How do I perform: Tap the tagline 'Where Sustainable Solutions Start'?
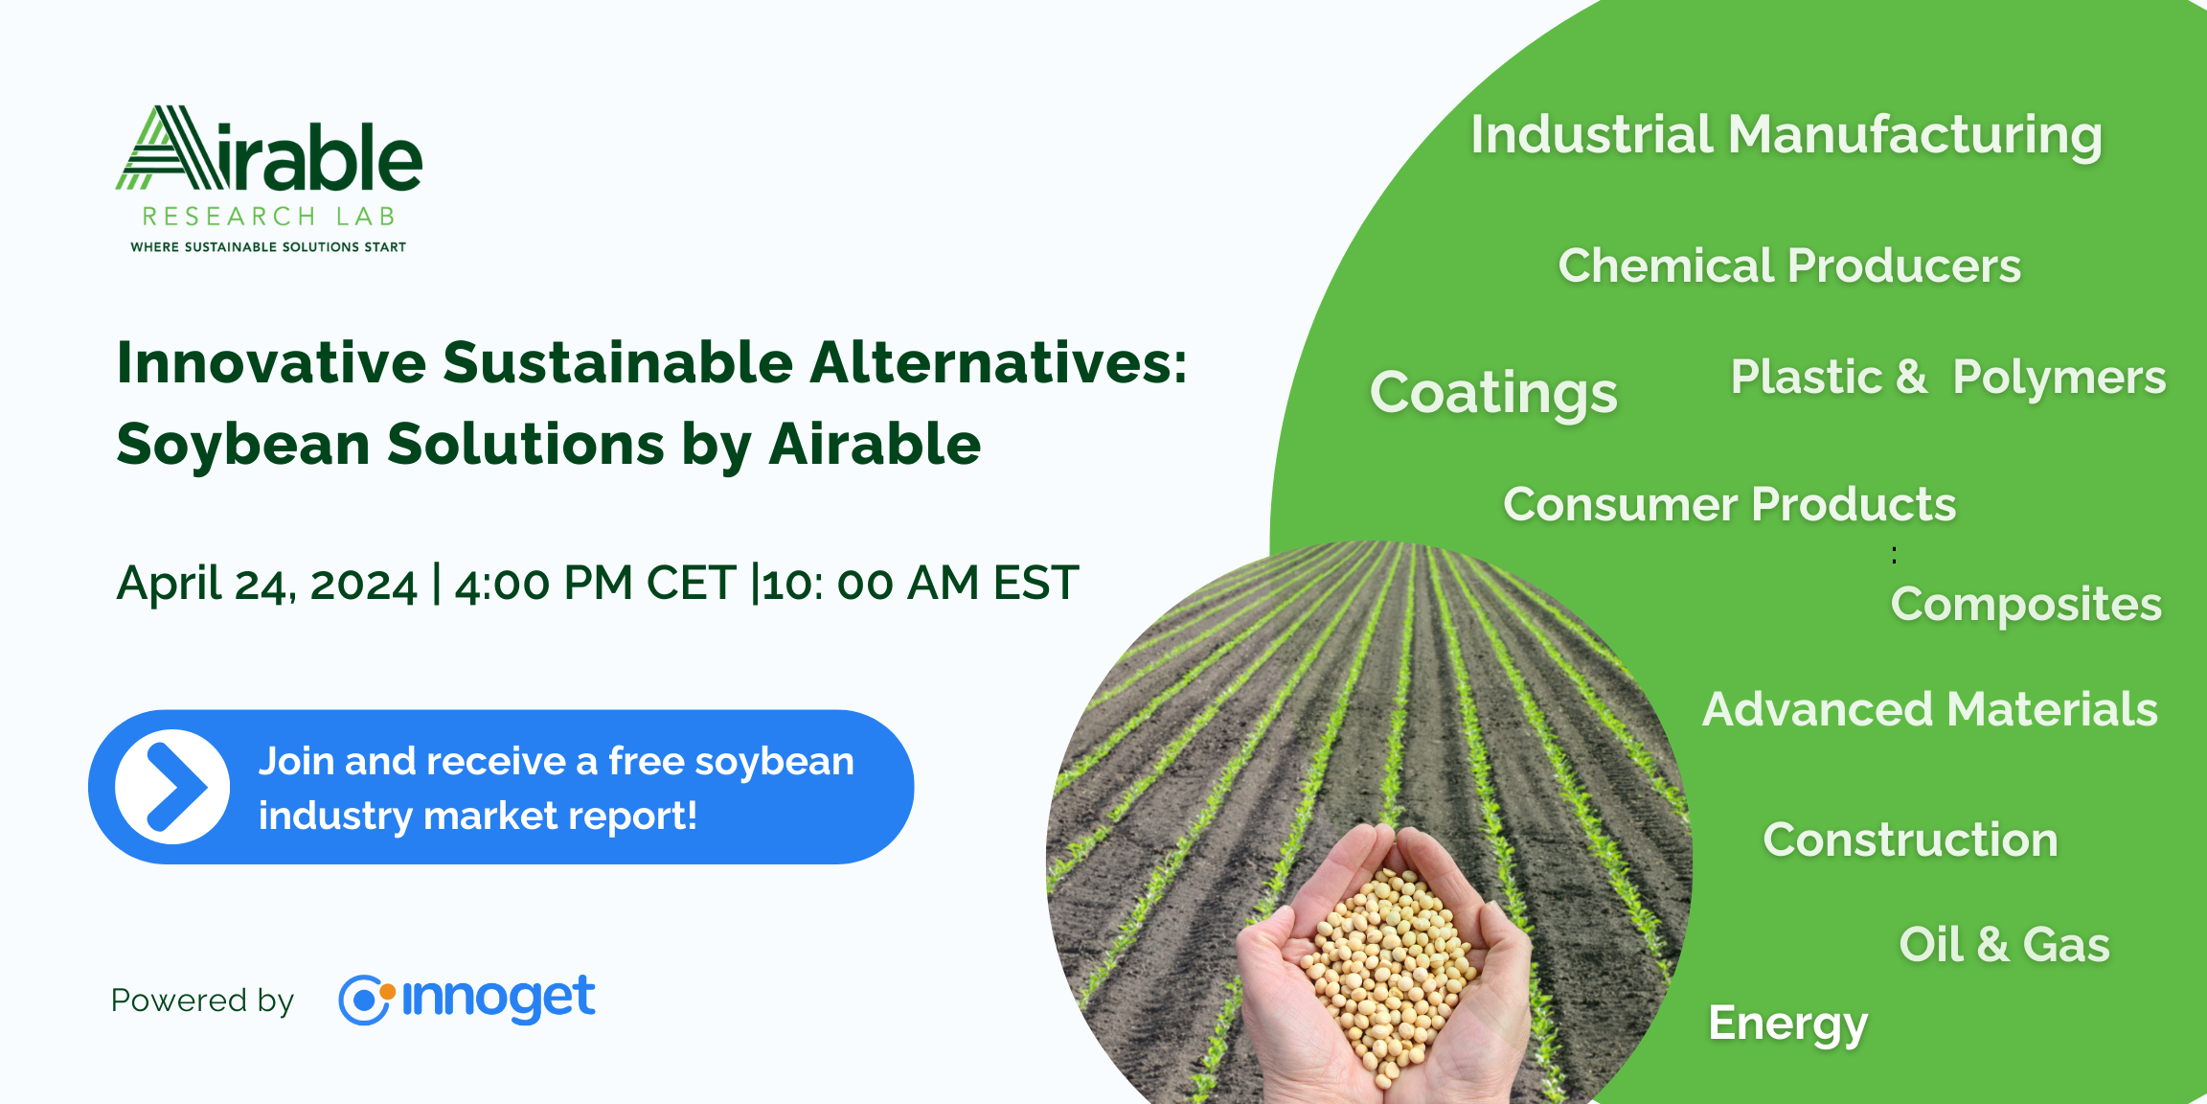(268, 247)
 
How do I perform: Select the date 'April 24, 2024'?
(266, 584)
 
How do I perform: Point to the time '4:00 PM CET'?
(595, 583)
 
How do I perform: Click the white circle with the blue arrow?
(172, 787)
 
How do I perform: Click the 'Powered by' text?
(202, 1001)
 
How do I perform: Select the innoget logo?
(466, 999)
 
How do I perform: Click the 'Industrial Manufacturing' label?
(1786, 136)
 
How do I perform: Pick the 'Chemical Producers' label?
(1789, 265)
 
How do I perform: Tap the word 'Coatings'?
(1493, 394)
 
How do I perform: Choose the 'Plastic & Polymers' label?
(1948, 378)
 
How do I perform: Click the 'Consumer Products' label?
(1729, 504)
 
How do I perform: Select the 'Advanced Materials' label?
(1930, 710)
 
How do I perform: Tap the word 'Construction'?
(1910, 840)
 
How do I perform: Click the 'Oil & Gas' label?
(2004, 945)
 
